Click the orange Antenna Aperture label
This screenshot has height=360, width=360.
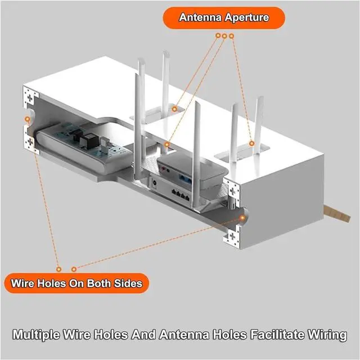[224, 17]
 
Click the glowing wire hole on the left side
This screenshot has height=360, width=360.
[26, 119]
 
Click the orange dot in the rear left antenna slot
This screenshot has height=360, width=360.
[174, 107]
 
